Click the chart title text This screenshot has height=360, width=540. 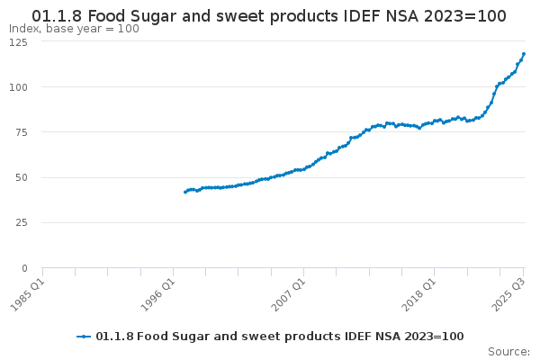point(269,15)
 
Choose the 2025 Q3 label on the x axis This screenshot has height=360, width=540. point(508,293)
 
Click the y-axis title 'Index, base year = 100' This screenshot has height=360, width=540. point(74,29)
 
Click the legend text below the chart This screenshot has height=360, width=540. point(279,336)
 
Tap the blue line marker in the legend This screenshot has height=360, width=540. point(84,336)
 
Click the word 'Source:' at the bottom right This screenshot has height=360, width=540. point(508,351)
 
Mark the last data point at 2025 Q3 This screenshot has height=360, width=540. point(524,54)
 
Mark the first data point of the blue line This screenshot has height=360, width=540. point(184,192)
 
